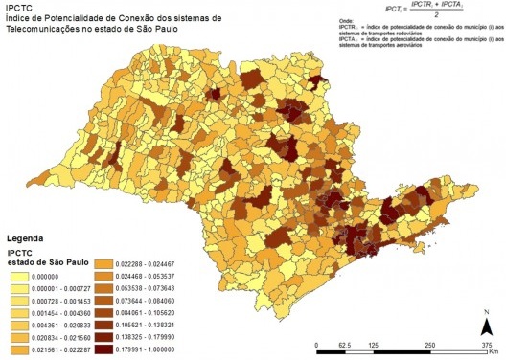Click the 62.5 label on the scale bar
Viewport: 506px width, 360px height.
point(345,344)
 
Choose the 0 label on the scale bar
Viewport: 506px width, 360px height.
point(318,344)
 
